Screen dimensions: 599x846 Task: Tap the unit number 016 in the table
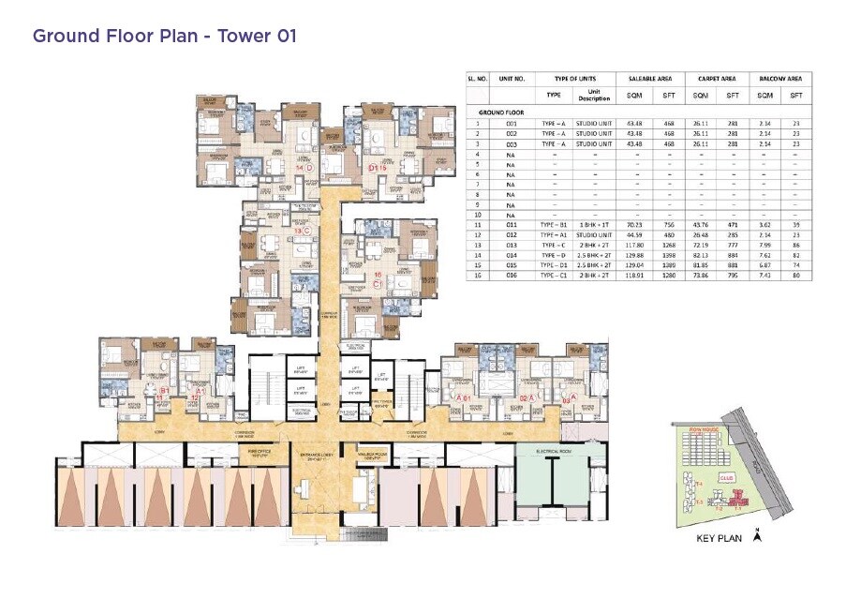511,275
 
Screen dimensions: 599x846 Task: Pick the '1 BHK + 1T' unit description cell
593,225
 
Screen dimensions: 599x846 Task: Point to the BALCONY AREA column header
779,80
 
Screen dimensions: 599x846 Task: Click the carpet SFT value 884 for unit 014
734,255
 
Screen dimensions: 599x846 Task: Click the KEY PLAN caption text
719,539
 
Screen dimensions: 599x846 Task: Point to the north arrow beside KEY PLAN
757,537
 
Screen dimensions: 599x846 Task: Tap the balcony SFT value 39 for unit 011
796,225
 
